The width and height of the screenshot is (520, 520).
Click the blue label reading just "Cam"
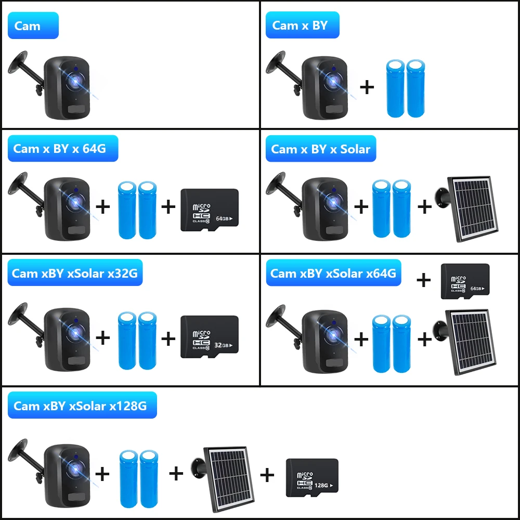coord(33,25)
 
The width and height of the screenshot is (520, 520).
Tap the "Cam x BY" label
coord(302,25)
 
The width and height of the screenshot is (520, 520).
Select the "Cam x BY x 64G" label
coord(62,149)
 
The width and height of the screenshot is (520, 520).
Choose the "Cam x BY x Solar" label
coord(320,149)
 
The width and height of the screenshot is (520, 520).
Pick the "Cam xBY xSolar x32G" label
coord(74,273)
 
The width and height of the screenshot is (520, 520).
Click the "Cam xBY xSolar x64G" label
coord(333,273)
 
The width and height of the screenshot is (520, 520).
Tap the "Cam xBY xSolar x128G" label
coord(82,406)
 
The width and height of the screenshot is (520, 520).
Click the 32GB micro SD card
coord(209,336)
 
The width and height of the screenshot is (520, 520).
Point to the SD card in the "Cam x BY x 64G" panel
coord(209,210)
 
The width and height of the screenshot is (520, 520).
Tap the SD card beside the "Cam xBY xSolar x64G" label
coord(465,281)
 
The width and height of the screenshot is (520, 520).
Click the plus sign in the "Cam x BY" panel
coord(367,87)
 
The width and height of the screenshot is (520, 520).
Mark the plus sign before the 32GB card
coord(168,339)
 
